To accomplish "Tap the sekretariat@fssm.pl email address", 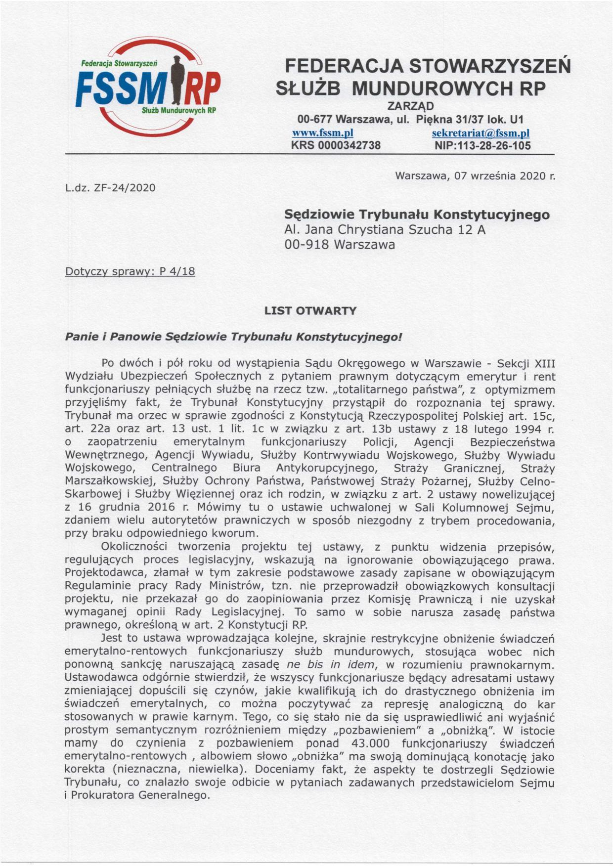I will pyautogui.click(x=481, y=133).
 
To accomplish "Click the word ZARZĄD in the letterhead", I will pyautogui.click(x=410, y=106).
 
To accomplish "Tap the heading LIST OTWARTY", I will pyautogui.click(x=310, y=311).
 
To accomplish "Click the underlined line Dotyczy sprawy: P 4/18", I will pyautogui.click(x=130, y=271).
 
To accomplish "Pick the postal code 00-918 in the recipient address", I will pyautogui.click(x=306, y=245).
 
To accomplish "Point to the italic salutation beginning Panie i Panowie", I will pyautogui.click(x=233, y=337).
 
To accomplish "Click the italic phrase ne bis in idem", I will pyautogui.click(x=326, y=665).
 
